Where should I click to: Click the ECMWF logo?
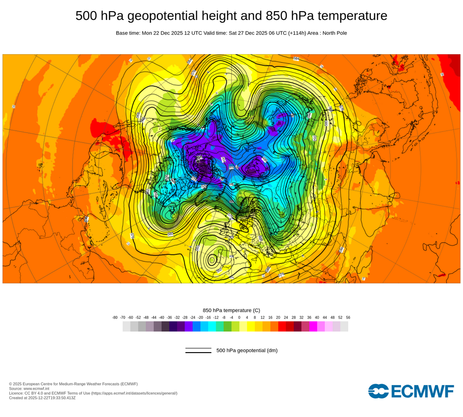click(411, 391)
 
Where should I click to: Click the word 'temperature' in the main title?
click(351, 16)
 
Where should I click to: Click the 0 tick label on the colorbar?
click(239, 317)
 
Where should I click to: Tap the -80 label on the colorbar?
click(115, 317)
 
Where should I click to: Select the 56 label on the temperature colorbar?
click(348, 317)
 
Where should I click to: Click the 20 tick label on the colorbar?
click(278, 317)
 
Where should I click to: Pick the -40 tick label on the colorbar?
click(162, 317)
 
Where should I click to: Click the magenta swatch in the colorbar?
click(313, 326)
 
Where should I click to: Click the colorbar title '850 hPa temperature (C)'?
click(231, 310)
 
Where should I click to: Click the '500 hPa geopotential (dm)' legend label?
click(247, 350)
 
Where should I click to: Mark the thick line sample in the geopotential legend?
click(198, 353)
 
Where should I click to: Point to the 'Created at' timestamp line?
click(42, 398)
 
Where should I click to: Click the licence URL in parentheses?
click(134, 393)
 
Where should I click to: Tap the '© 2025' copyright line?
click(73, 384)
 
